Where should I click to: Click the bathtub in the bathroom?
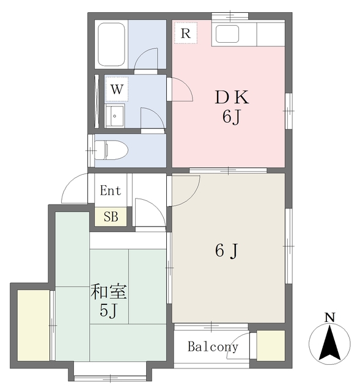[111, 45]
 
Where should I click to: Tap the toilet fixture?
[111, 150]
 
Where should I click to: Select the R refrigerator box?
[186, 33]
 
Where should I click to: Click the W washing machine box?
[117, 89]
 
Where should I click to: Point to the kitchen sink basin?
[227, 34]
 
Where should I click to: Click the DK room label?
[232, 97]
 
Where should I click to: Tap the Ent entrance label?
[111, 191]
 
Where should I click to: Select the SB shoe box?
[111, 217]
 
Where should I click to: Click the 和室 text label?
[109, 291]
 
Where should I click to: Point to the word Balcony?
[213, 346]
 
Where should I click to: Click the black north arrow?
[329, 343]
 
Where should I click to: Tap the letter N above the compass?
[330, 318]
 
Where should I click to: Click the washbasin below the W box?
[115, 116]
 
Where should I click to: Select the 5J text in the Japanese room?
[109, 311]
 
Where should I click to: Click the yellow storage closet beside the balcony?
[271, 345]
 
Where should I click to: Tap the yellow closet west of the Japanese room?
[34, 325]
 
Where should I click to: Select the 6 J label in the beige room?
[227, 250]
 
